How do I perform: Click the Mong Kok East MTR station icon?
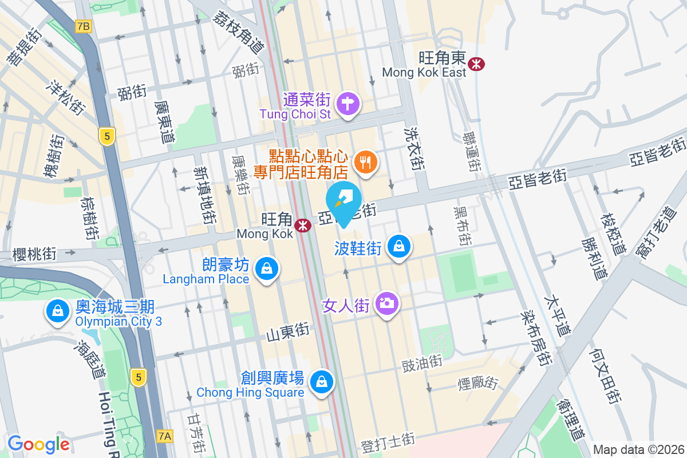(476, 64)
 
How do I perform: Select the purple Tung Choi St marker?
(348, 105)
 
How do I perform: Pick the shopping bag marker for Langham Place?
(267, 268)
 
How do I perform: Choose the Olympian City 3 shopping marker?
(57, 311)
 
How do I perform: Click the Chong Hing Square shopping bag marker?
(322, 381)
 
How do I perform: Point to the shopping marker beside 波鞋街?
(398, 247)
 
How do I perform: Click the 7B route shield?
(84, 26)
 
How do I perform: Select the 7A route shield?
(164, 436)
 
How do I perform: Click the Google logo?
(38, 444)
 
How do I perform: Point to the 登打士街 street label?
(388, 441)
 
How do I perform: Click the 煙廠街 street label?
(478, 384)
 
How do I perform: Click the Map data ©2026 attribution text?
(638, 449)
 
